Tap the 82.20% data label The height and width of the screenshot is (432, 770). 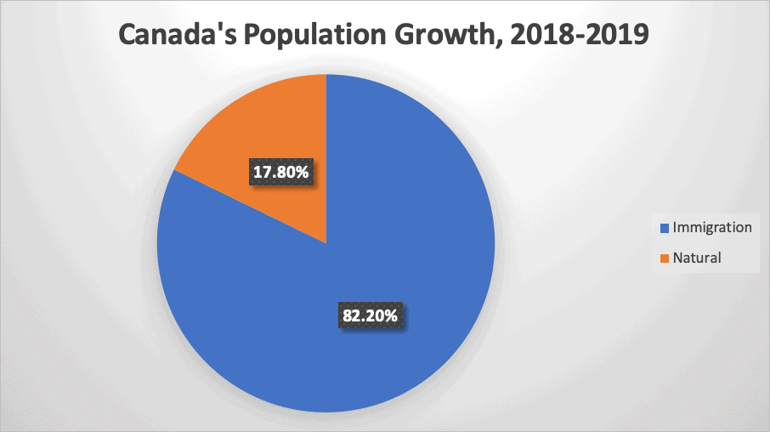[x=368, y=315]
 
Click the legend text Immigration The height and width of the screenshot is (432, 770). [x=711, y=227]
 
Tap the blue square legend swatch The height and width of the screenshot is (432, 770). [x=664, y=228]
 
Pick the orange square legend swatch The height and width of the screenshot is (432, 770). [x=664, y=258]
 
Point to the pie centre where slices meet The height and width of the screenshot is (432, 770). [x=326, y=243]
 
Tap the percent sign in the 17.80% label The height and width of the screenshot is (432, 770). [x=308, y=173]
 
